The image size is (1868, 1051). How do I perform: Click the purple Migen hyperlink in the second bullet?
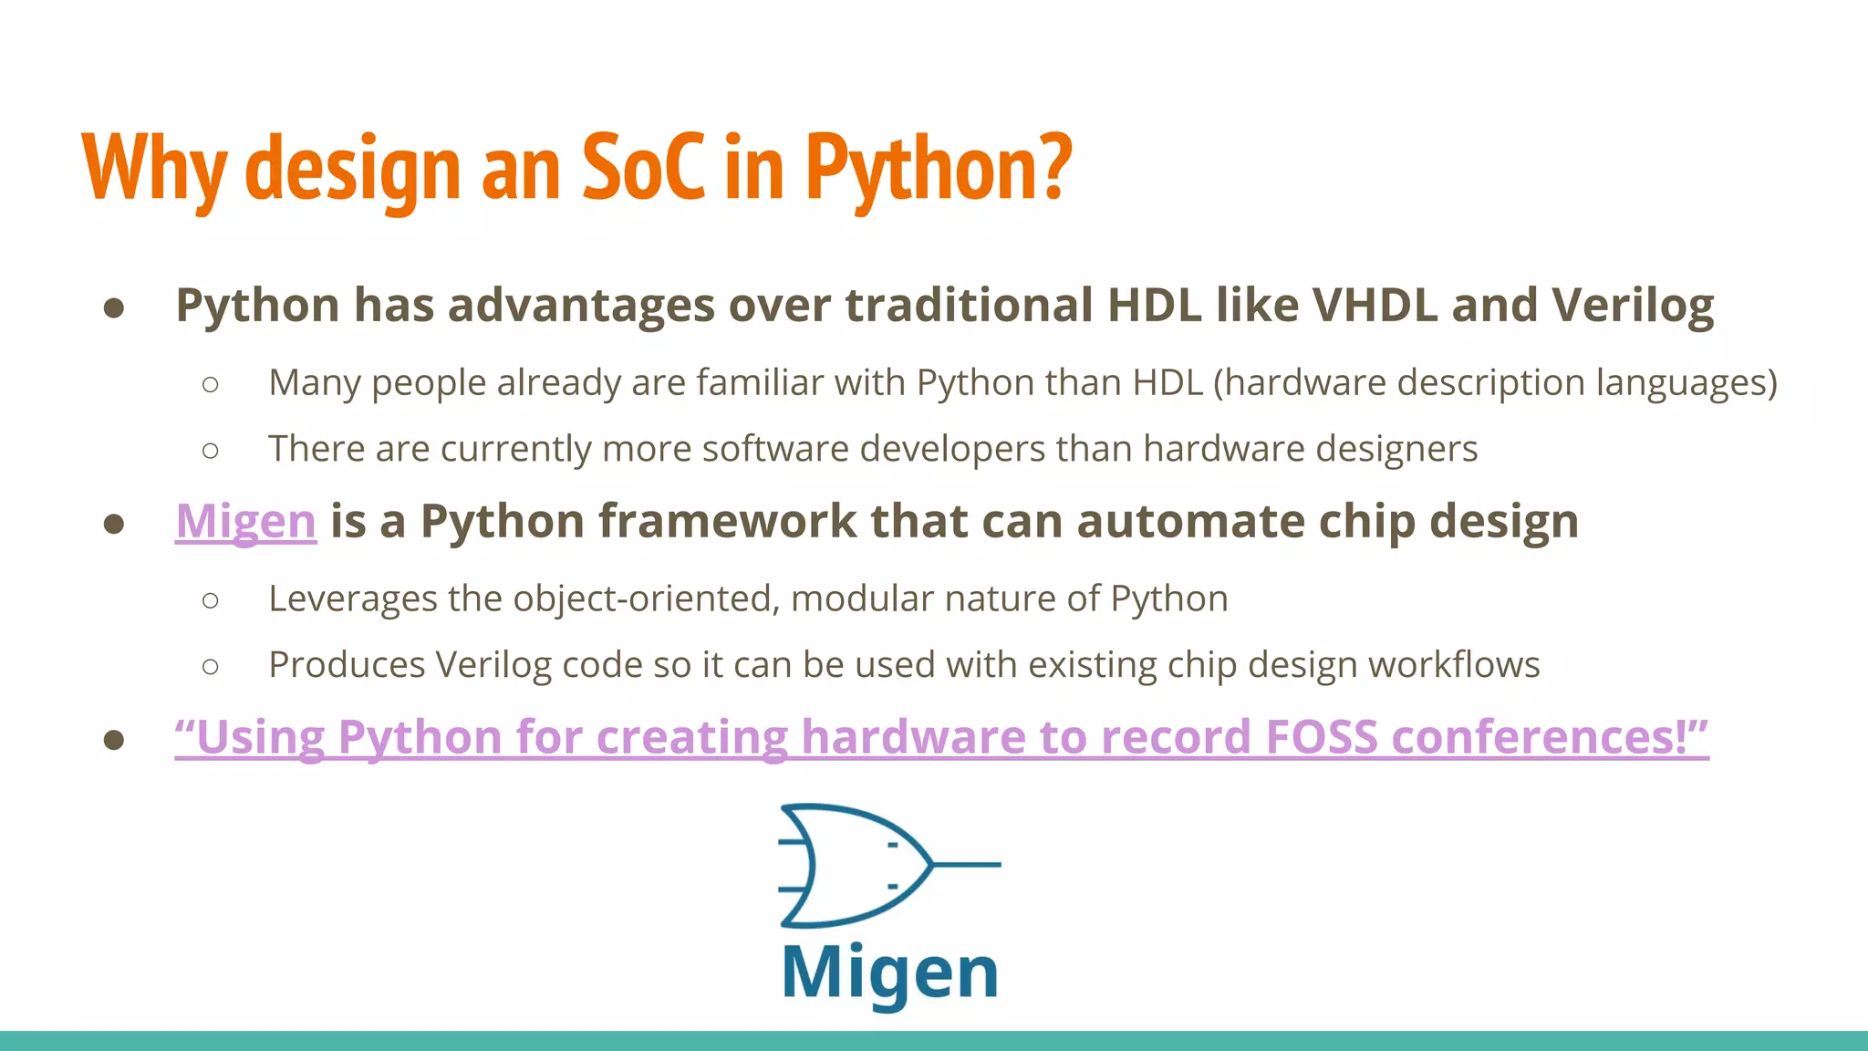[246, 522]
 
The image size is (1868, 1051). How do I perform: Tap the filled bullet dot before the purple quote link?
[114, 739]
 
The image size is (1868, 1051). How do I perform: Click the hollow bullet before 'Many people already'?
[211, 384]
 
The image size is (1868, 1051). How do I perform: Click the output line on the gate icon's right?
[967, 863]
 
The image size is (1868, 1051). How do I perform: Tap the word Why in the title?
[154, 169]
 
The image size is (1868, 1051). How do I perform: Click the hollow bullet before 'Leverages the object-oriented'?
[211, 600]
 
